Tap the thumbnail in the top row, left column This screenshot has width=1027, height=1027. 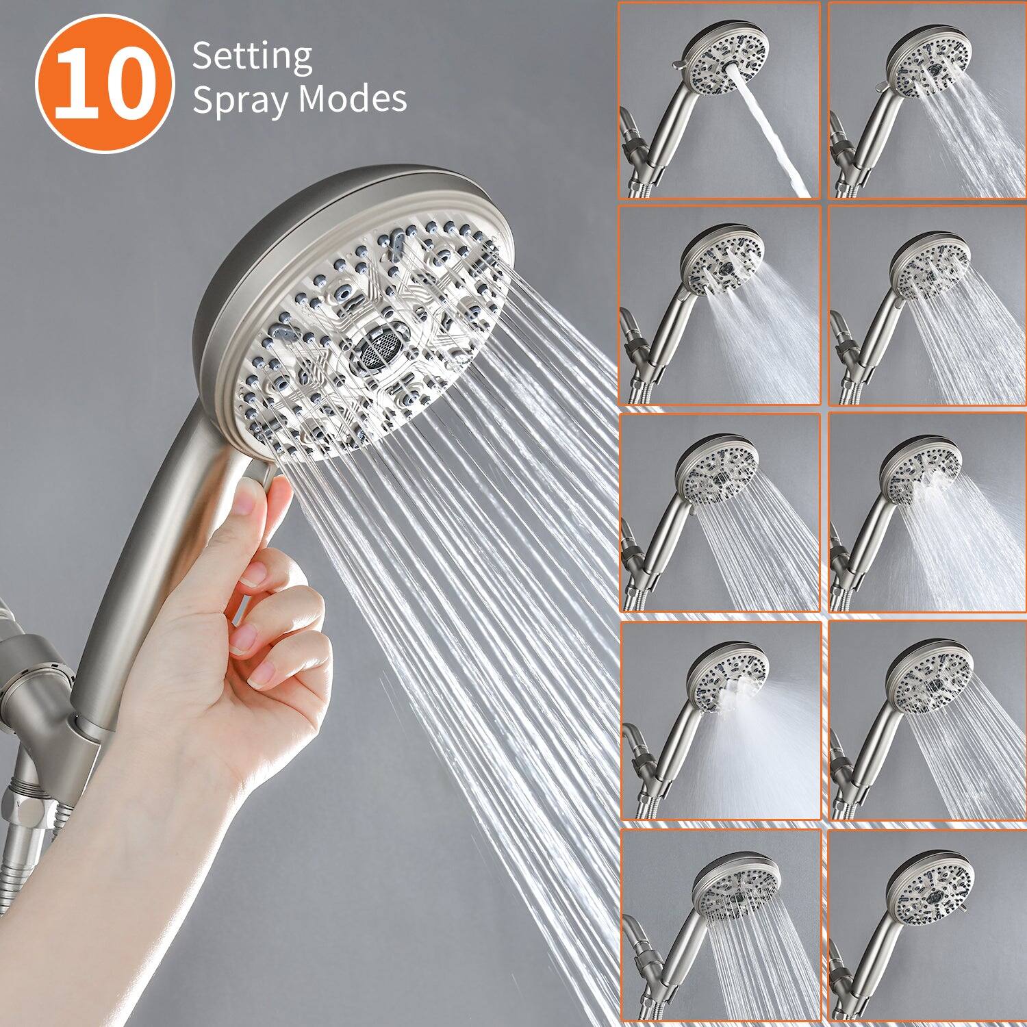click(720, 101)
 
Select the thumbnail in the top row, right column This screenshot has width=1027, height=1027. click(927, 101)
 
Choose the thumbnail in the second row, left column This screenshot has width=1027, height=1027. click(720, 305)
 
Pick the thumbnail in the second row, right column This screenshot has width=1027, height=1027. click(927, 305)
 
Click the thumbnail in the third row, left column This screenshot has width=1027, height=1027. click(720, 512)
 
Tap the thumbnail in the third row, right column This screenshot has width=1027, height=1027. click(927, 512)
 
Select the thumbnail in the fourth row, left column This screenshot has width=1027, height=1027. click(720, 720)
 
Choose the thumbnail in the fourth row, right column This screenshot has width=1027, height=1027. click(927, 720)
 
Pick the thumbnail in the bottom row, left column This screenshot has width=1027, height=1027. click(720, 928)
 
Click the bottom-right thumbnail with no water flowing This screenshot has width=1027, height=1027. click(927, 928)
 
